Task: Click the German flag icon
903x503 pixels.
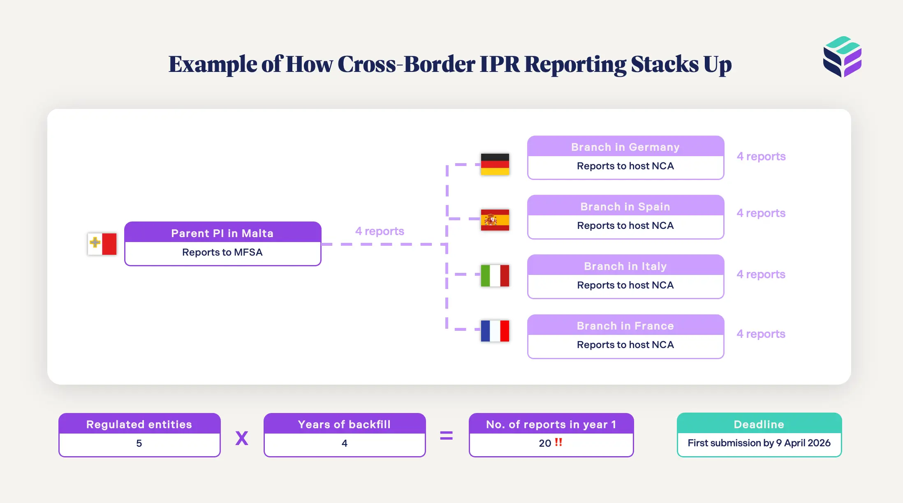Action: point(495,164)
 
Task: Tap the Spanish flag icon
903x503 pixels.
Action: point(495,220)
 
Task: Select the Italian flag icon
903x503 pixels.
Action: point(495,275)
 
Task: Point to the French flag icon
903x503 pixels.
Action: point(495,331)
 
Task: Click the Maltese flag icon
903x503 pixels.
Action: point(102,244)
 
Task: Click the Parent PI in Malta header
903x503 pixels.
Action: point(222,233)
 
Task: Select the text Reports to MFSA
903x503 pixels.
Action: point(222,252)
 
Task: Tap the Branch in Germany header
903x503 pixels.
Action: point(625,147)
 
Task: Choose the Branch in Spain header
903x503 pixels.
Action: point(625,206)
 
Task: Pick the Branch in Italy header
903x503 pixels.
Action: point(625,266)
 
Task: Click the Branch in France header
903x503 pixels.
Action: point(625,325)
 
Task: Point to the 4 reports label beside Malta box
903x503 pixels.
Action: point(380,231)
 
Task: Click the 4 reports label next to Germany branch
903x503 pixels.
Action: point(761,156)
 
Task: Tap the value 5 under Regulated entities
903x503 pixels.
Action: point(139,443)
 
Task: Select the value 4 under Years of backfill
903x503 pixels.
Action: point(345,443)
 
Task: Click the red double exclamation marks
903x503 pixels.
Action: point(558,442)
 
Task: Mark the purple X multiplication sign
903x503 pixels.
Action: point(242,438)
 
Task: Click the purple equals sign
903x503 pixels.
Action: point(446,436)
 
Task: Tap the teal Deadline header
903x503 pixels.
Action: point(759,424)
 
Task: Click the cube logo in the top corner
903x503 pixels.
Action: point(842,57)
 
